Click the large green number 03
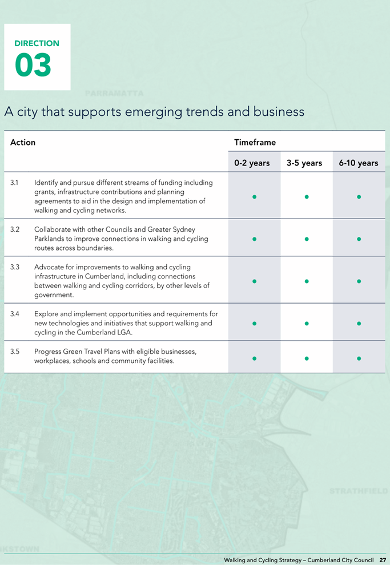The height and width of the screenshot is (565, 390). (33, 65)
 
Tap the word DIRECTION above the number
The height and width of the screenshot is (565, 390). (37, 43)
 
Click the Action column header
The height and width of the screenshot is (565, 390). (23, 142)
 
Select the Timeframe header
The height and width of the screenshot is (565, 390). (255, 142)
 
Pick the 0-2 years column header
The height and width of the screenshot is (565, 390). (252, 163)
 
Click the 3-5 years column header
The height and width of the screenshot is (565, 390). (304, 163)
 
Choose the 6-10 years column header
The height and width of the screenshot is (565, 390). (358, 163)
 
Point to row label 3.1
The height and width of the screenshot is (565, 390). (14, 183)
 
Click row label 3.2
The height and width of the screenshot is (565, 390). (15, 229)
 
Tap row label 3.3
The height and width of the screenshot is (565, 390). (15, 267)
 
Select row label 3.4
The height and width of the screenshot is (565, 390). (15, 314)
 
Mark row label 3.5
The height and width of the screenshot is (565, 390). (15, 352)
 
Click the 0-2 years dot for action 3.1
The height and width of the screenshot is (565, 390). (255, 197)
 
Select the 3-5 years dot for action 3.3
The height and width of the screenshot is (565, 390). (307, 281)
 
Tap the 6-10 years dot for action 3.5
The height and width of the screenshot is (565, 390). (359, 358)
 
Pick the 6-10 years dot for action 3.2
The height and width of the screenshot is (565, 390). (359, 239)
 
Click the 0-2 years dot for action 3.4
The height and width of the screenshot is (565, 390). (255, 324)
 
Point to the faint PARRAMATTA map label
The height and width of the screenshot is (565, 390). (114, 94)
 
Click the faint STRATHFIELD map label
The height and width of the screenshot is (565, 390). (359, 491)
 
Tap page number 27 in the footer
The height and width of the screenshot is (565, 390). (383, 560)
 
